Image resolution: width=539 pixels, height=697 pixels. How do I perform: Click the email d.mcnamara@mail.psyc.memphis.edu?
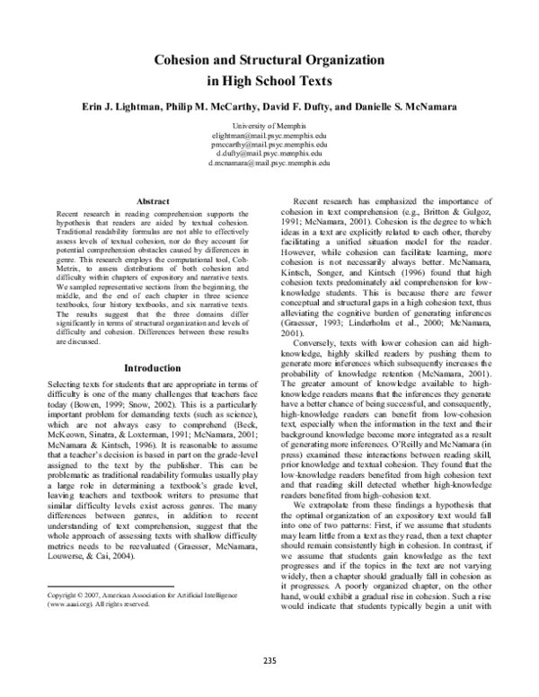269,164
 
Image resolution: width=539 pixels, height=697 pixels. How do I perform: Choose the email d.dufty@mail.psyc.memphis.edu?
269,154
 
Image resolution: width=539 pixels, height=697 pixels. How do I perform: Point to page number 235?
269,664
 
